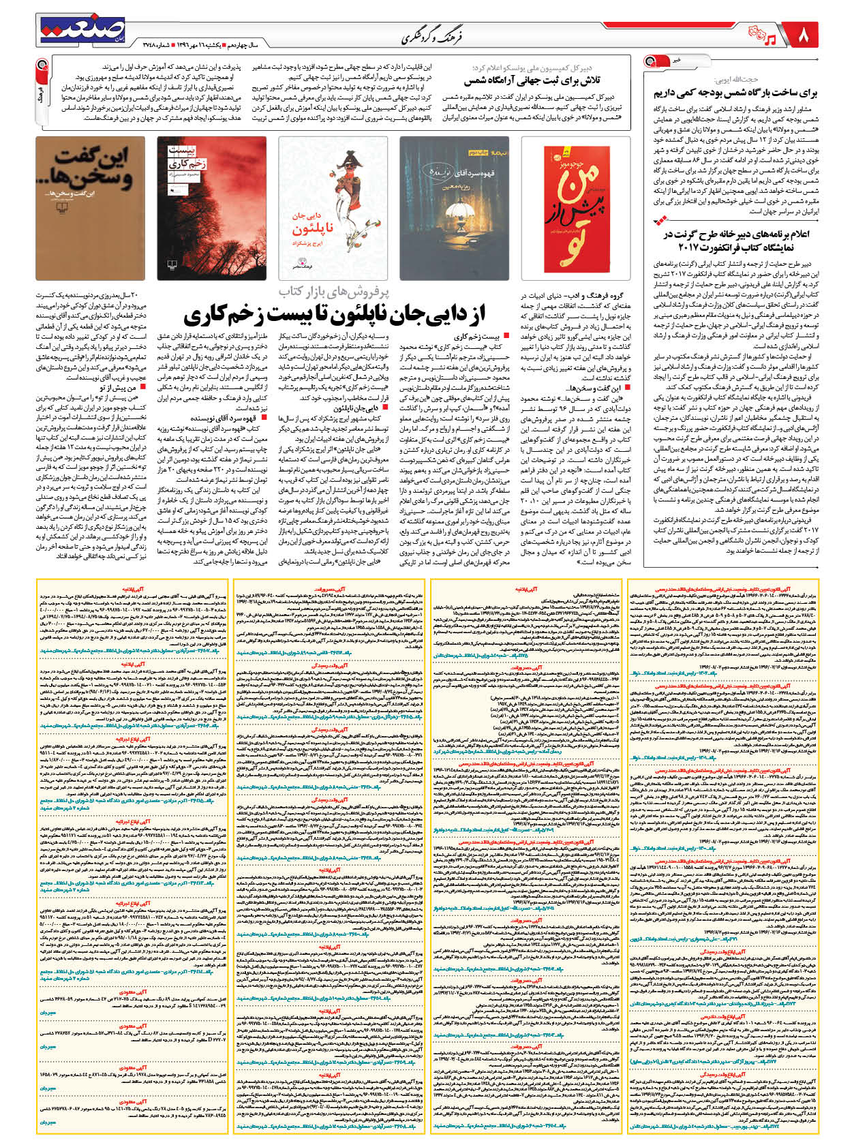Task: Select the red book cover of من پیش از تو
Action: point(577,208)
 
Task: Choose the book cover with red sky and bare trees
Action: point(211,208)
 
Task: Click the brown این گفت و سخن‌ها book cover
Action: point(90,208)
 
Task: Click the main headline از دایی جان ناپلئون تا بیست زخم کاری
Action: point(334,314)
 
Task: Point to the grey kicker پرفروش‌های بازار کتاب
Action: point(333,292)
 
